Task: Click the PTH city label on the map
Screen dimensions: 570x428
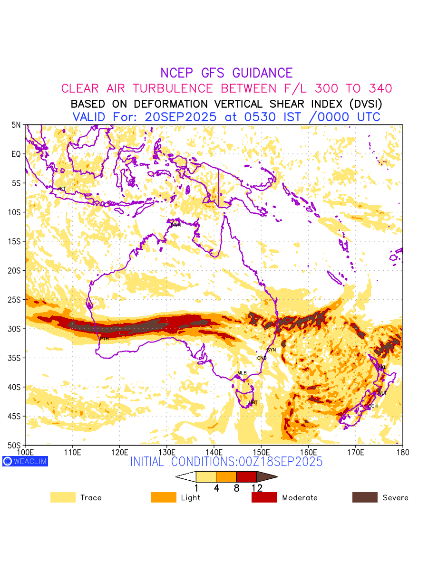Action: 104,339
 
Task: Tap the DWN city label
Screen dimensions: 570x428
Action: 176,225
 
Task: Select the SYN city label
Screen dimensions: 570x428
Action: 271,350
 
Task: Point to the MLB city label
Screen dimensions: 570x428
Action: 242,373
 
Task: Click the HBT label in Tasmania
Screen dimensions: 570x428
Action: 253,402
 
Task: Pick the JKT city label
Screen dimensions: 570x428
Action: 61,189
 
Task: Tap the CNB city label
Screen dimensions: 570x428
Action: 262,358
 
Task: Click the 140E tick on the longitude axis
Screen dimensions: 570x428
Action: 214,451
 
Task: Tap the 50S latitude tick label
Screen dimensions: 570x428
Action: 15,445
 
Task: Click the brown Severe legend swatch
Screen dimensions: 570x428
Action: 365,497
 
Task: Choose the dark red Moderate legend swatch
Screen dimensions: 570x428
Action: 264,497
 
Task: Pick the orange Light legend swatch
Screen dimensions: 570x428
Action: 164,497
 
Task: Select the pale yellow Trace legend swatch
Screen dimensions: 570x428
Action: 63,497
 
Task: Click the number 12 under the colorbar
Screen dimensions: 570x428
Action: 257,488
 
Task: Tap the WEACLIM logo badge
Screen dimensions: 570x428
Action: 25,461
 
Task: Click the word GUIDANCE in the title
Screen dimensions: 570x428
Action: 262,73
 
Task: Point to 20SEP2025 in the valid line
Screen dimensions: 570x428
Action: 181,117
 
